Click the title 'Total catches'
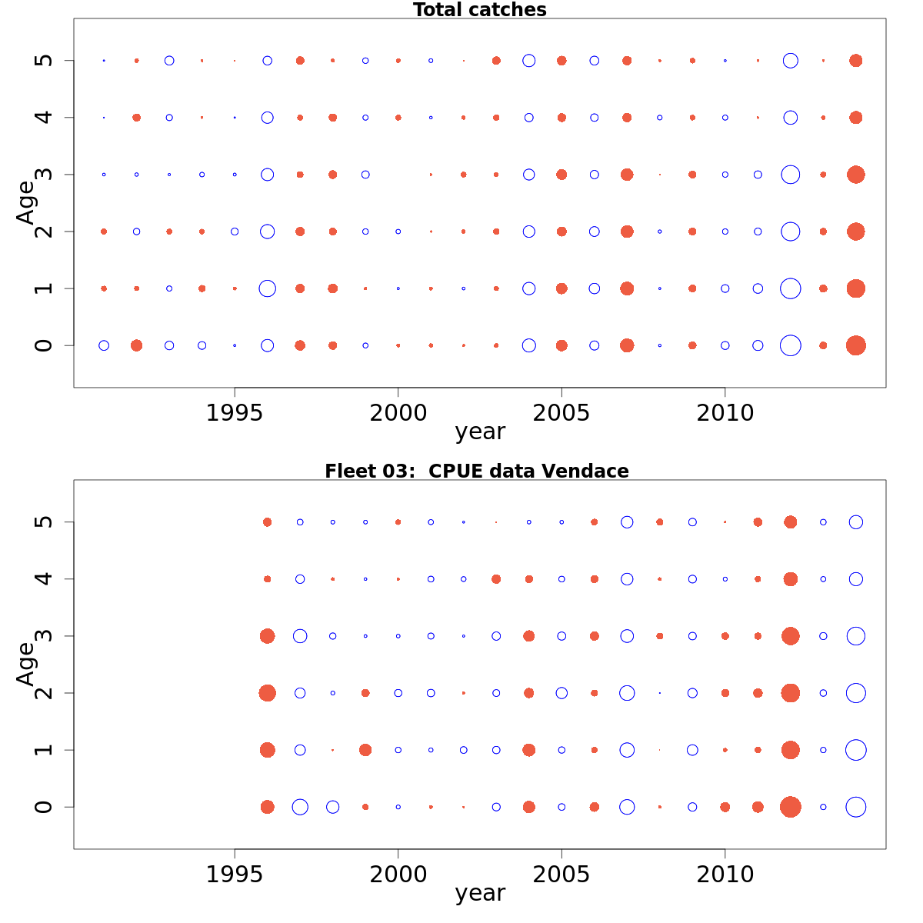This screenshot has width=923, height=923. [x=479, y=10]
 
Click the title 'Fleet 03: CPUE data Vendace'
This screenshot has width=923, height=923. [x=476, y=471]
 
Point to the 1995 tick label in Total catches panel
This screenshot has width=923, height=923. [x=234, y=413]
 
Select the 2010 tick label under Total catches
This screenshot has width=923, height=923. [x=725, y=413]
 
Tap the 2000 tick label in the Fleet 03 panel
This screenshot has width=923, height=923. [x=398, y=875]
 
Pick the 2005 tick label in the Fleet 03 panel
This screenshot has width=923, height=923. [x=561, y=875]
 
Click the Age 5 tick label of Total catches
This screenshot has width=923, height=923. [x=45, y=61]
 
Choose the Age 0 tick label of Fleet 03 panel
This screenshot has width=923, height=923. [x=45, y=807]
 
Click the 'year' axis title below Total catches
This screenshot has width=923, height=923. [x=480, y=432]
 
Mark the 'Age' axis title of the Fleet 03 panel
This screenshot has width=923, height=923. [x=26, y=663]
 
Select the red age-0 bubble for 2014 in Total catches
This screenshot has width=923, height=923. [x=855, y=345]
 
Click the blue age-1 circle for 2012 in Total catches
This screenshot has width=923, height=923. [x=790, y=288]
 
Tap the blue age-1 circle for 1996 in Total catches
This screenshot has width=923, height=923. [x=267, y=288]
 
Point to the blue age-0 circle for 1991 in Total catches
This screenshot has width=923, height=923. [x=104, y=345]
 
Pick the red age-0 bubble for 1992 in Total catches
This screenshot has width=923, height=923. [x=136, y=345]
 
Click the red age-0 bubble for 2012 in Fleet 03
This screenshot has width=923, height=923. [x=790, y=807]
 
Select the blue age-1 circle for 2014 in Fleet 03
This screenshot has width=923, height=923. [x=855, y=750]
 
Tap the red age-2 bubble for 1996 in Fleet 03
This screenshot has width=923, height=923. [x=267, y=693]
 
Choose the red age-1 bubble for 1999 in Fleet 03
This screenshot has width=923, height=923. [x=365, y=750]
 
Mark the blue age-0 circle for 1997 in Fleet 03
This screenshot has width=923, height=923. [x=300, y=807]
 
